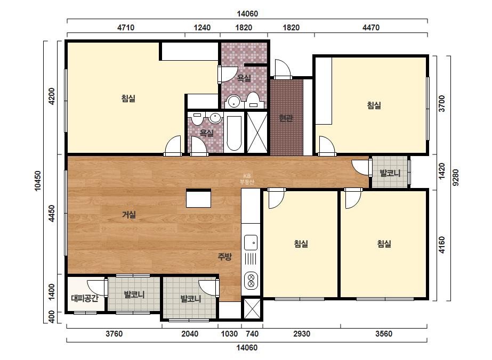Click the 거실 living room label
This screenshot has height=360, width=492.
pos(128,215)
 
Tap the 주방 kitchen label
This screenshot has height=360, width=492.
pos(224,257)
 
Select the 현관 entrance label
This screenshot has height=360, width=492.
pos(286,118)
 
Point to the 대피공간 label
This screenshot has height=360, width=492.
pos(85,298)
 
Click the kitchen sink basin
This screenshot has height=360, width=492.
pos(251,243)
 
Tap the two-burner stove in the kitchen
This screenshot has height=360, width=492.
pos(251,281)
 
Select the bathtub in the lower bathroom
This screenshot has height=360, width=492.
pos(234,134)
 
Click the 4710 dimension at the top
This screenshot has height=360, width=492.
pos(126,28)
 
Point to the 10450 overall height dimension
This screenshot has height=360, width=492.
pos(38,181)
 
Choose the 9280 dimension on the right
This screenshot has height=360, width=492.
pos(456,177)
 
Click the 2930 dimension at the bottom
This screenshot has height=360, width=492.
pos(302,334)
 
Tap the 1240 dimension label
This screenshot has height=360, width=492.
pos(202,28)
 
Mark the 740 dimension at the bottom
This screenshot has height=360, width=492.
pos(252,334)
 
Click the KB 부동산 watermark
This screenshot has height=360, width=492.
pos(247,179)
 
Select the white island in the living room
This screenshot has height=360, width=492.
pos(198,198)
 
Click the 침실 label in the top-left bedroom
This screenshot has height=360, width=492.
pos(128,99)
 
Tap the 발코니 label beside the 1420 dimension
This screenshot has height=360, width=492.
pos(390,173)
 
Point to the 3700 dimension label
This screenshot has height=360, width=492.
pos(442,103)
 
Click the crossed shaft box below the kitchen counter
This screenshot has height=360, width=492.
pos(252,308)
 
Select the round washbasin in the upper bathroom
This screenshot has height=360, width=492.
pos(234,101)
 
